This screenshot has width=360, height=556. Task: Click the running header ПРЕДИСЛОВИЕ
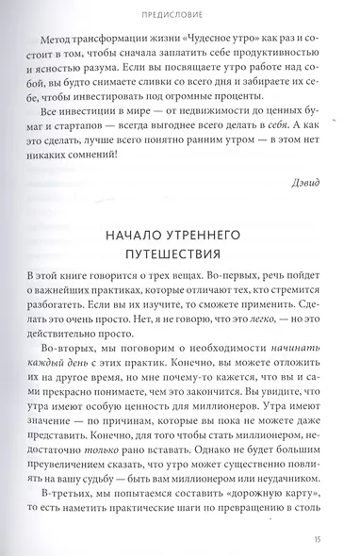coord(179,15)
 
